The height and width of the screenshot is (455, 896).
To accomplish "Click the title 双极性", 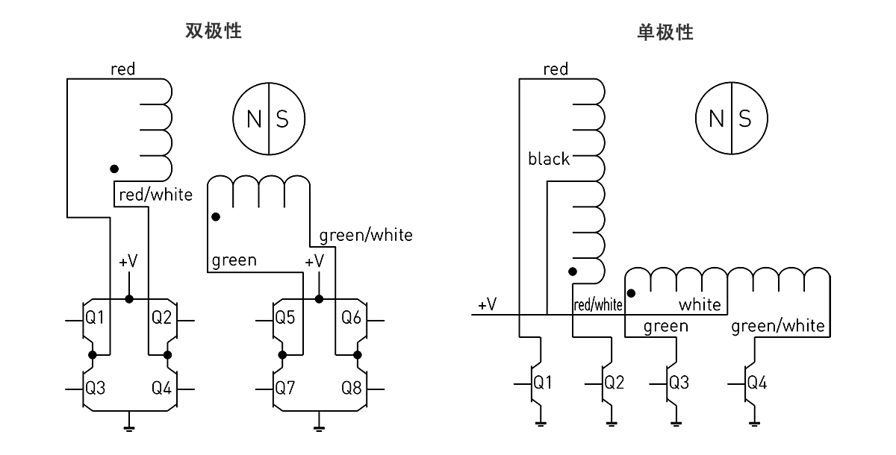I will click(214, 31).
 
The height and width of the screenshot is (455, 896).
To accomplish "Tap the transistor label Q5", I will click(285, 318).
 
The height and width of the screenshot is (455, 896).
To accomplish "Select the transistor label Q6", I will click(351, 318).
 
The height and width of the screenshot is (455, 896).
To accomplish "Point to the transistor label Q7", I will click(285, 388).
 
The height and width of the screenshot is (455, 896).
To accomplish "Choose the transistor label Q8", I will click(351, 388).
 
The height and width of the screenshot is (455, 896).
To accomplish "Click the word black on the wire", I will click(548, 159).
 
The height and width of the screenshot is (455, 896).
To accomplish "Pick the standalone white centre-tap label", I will click(700, 304).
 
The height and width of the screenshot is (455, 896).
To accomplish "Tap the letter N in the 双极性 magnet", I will click(254, 119).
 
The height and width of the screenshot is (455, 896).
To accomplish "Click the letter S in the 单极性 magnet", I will click(744, 119).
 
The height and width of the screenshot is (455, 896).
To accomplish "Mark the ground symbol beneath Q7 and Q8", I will click(319, 427).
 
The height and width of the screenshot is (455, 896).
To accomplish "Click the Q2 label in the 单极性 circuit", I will click(614, 383).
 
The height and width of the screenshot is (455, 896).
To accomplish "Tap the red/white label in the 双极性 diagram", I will click(155, 195).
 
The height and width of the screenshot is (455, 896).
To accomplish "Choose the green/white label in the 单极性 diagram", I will click(778, 326).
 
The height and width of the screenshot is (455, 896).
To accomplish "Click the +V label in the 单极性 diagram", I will click(487, 304).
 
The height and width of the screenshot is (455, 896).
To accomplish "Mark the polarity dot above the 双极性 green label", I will click(215, 218).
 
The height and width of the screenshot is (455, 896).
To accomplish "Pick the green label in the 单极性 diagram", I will click(665, 326).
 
